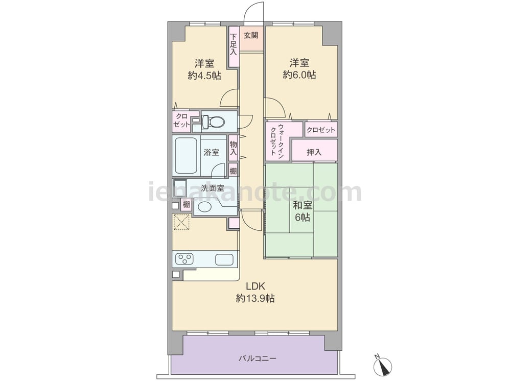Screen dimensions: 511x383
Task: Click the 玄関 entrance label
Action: [x=251, y=35]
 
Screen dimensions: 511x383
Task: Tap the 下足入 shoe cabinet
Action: [x=234, y=46]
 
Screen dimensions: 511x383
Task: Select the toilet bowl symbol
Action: [x=214, y=122]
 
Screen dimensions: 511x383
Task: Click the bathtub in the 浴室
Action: [x=186, y=156]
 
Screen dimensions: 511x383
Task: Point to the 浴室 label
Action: [x=212, y=152]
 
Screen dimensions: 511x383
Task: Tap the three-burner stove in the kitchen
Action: [x=184, y=259]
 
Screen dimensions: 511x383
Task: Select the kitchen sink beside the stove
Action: [x=224, y=259]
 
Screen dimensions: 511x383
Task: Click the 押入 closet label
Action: [x=314, y=152]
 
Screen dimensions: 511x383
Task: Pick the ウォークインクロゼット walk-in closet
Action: [x=277, y=141]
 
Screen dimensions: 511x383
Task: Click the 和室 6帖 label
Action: [x=303, y=211]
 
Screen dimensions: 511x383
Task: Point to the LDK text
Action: [x=255, y=286]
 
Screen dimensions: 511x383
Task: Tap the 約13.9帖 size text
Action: [x=255, y=298]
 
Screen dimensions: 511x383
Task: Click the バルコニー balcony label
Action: [x=258, y=358]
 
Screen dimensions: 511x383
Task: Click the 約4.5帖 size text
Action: [x=204, y=76]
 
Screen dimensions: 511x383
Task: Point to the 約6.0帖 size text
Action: [x=299, y=75]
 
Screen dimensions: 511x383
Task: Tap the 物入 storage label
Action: [x=234, y=148]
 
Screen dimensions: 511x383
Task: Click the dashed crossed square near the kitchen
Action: [x=181, y=222]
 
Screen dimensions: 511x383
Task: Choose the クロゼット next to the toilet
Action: [x=181, y=121]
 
